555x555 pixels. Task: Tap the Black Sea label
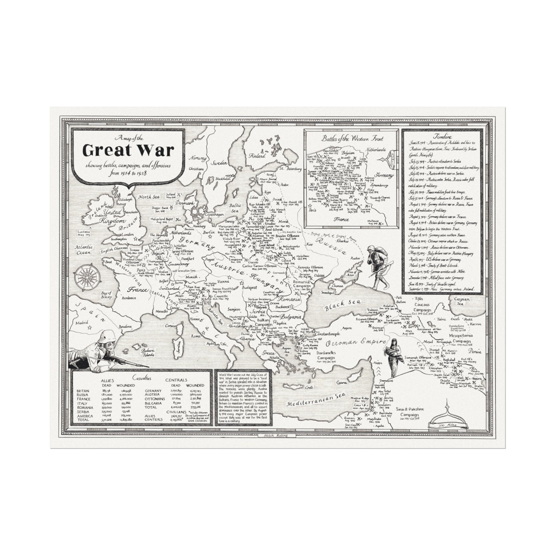tap(343, 305)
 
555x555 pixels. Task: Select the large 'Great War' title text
tap(128, 150)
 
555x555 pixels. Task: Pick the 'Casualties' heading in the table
tap(142, 378)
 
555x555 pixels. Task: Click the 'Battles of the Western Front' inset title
tap(352, 139)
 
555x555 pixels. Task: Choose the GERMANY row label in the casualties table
tap(153, 391)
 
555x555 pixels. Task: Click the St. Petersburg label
tap(290, 169)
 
